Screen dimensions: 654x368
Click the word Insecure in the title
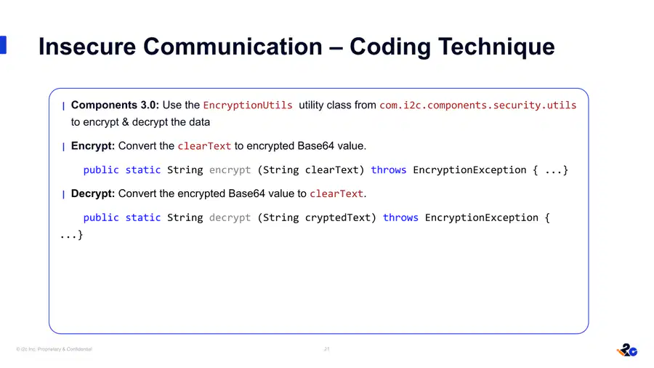pyautogui.click(x=87, y=47)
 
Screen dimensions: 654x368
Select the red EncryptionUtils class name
pyautogui.click(x=248, y=105)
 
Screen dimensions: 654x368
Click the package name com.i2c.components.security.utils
pyautogui.click(x=477, y=105)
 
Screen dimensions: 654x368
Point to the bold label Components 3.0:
pyautogui.click(x=115, y=105)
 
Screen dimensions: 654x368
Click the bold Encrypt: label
pyautogui.click(x=92, y=146)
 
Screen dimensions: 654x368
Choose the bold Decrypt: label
pyautogui.click(x=92, y=193)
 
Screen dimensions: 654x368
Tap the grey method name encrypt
pyautogui.click(x=230, y=170)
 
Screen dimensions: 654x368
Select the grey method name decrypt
pyautogui.click(x=230, y=217)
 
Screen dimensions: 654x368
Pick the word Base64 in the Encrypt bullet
pyautogui.click(x=316, y=146)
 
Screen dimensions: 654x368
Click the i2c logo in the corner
pyautogui.click(x=627, y=350)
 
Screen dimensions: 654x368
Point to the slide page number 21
pyautogui.click(x=326, y=349)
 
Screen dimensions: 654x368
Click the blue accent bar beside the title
pyautogui.click(x=3, y=44)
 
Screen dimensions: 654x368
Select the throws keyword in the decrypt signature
pyautogui.click(x=400, y=217)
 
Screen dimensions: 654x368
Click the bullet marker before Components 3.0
pyautogui.click(x=63, y=106)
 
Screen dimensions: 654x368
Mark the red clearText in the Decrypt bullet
pyautogui.click(x=336, y=194)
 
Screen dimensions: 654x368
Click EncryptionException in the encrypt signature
pyautogui.click(x=469, y=170)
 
